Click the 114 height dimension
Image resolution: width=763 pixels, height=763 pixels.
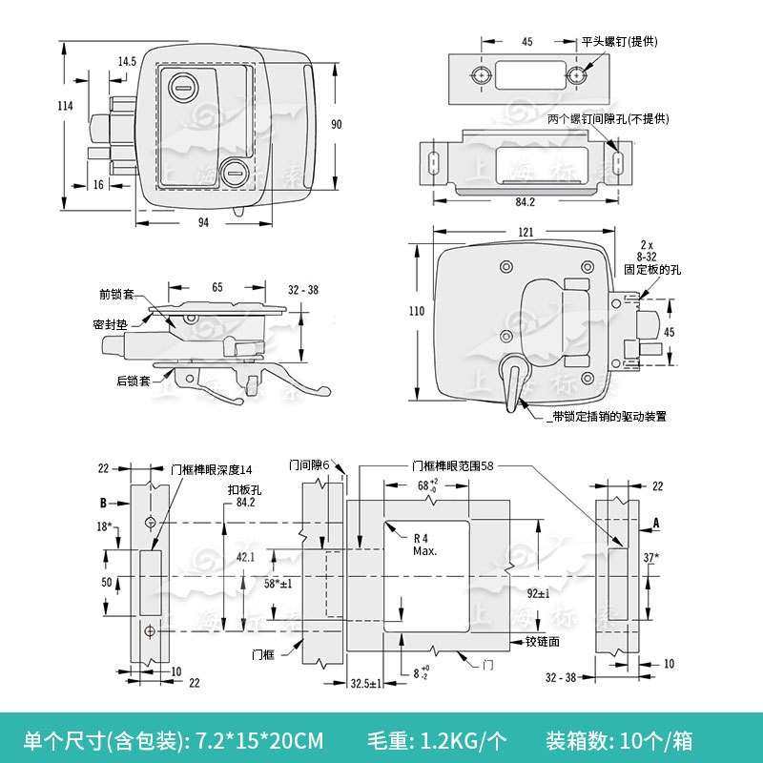tap(65, 107)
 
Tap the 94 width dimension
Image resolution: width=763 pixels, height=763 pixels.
tap(203, 222)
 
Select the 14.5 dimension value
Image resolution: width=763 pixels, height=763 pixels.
tap(127, 61)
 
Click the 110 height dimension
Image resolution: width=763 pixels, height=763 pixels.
tap(416, 311)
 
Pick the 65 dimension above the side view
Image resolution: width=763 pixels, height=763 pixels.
tap(217, 286)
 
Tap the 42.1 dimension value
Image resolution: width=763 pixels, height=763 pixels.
tap(245, 558)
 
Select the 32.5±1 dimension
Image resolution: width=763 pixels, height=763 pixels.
tap(366, 684)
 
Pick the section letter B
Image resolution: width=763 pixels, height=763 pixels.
tap(102, 501)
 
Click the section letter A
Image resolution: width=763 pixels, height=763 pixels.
tap(656, 522)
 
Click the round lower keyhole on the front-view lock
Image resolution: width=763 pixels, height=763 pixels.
tap(233, 174)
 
